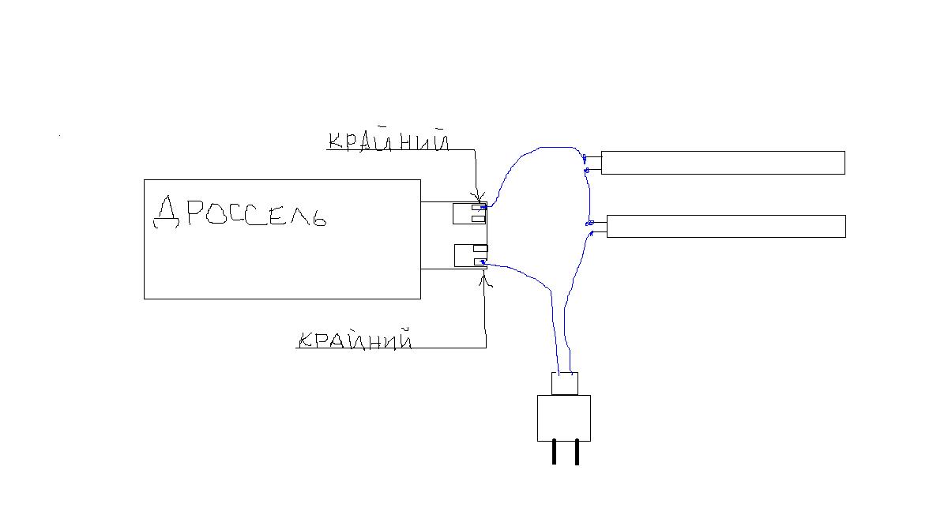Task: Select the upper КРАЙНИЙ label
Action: [x=388, y=141]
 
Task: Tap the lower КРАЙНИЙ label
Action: [x=355, y=341]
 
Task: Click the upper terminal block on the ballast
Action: [x=468, y=213]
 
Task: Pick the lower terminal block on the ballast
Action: [x=469, y=257]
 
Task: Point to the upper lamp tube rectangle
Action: [x=723, y=163]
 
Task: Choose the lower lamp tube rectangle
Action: [x=725, y=226]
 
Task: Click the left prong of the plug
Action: [x=555, y=452]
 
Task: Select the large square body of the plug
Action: [x=564, y=418]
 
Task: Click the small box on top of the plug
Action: [x=564, y=383]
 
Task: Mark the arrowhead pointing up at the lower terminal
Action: [x=484, y=277]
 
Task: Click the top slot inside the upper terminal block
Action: [x=477, y=209]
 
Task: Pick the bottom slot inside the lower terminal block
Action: [x=479, y=262]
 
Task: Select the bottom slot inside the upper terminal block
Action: [x=477, y=219]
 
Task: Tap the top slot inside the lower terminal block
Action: [x=479, y=249]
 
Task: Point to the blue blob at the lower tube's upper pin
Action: [x=589, y=224]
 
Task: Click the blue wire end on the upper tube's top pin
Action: [x=585, y=159]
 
